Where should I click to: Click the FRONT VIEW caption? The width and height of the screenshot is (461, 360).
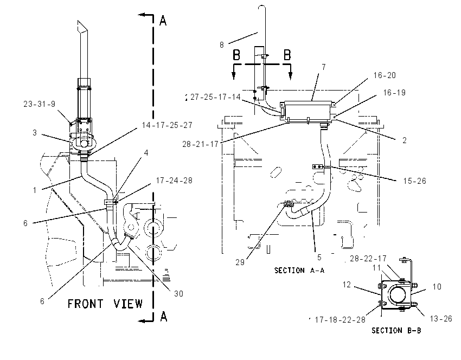click(x=105, y=304)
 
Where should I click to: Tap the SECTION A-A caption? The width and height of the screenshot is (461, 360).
click(x=299, y=271)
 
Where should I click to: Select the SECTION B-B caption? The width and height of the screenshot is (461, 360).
click(x=396, y=331)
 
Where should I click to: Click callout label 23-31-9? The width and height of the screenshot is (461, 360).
click(x=40, y=104)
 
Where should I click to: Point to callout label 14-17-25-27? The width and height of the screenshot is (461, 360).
click(x=167, y=125)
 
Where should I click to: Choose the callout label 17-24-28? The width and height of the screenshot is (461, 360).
click(x=174, y=181)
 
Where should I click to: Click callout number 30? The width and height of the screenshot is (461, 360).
click(x=178, y=293)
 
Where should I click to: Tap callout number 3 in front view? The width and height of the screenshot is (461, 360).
click(x=35, y=133)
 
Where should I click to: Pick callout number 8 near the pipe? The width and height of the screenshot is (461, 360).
click(x=222, y=45)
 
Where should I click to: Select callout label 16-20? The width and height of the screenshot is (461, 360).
click(x=385, y=75)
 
